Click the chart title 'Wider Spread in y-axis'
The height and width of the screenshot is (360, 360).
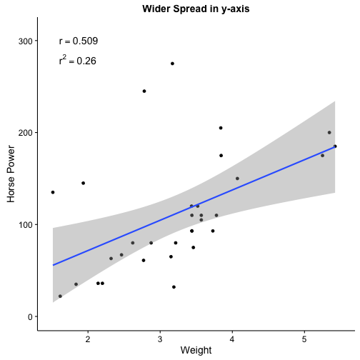pyautogui.click(x=196, y=9)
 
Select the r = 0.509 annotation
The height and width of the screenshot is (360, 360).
pyautogui.click(x=79, y=41)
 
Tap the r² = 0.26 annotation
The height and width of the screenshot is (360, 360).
pyautogui.click(x=78, y=60)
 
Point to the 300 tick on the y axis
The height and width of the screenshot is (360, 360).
pyautogui.click(x=26, y=41)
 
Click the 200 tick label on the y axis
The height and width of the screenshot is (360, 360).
pyautogui.click(x=26, y=133)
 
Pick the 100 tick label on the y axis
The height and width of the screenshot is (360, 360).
pyautogui.click(x=26, y=225)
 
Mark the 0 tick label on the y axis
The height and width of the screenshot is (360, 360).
pyautogui.click(x=30, y=317)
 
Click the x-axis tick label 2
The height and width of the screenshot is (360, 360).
pyautogui.click(x=88, y=339)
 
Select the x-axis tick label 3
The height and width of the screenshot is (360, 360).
pyautogui.click(x=160, y=339)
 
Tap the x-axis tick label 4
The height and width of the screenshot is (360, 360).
pyautogui.click(x=232, y=339)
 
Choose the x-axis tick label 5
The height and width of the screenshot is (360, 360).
pyautogui.click(x=304, y=339)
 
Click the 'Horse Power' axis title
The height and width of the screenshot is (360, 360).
pyautogui.click(x=11, y=174)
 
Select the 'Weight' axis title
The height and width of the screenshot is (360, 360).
pyautogui.click(x=196, y=351)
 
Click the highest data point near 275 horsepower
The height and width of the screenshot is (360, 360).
pyautogui.click(x=172, y=64)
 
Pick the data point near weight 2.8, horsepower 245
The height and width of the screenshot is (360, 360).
pyautogui.click(x=144, y=91)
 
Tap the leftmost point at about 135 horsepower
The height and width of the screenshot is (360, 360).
pyautogui.click(x=53, y=192)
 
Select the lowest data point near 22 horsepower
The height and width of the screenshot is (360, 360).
pyautogui.click(x=60, y=296)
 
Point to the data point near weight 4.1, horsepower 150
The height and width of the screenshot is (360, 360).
pyautogui.click(x=237, y=179)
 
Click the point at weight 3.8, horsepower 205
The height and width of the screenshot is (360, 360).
pyautogui.click(x=221, y=128)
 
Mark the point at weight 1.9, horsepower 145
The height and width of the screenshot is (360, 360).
pyautogui.click(x=84, y=183)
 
